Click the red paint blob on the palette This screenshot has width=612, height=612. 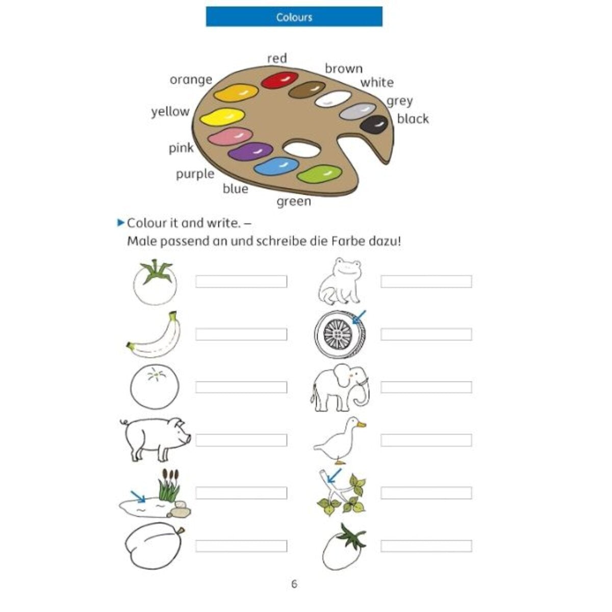click(x=279, y=80)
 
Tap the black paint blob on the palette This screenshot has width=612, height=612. click(x=374, y=124)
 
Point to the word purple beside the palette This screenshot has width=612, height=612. click(x=195, y=174)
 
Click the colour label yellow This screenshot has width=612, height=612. click(x=170, y=111)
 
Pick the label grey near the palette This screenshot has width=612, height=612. click(x=399, y=101)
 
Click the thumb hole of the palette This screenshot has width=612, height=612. click(x=302, y=149)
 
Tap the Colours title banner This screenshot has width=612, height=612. click(x=294, y=17)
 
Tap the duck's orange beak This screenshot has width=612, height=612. click(x=361, y=424)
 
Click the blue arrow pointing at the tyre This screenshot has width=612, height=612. click(x=359, y=317)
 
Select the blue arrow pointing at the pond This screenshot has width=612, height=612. click(x=138, y=496)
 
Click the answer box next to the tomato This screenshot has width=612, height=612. click(x=241, y=282)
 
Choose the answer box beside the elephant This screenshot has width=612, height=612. click(x=426, y=387)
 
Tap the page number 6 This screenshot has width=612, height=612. click(x=294, y=584)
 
